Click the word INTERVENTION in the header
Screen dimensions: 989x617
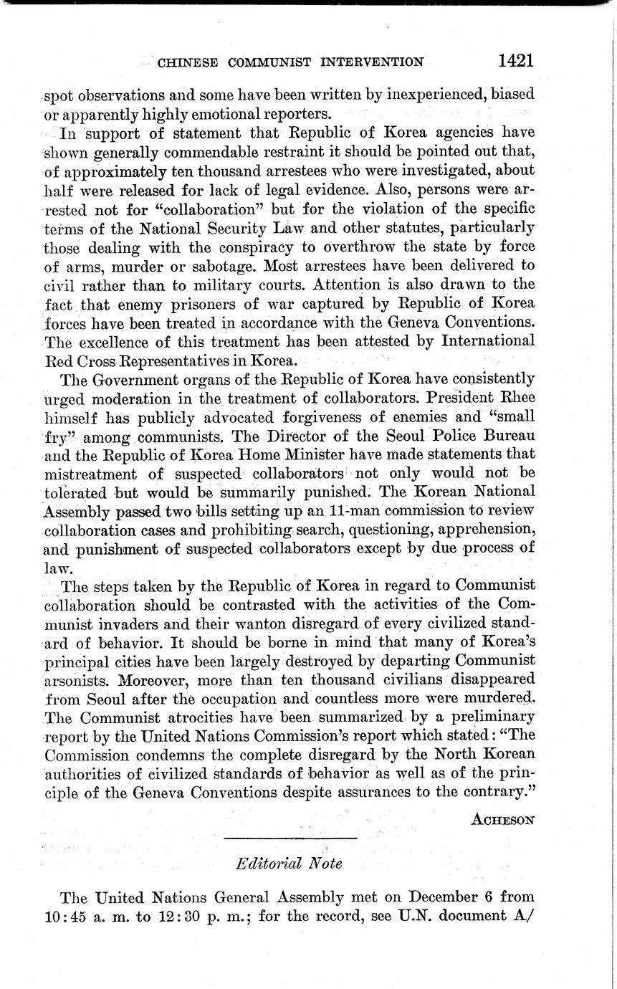pyautogui.click(x=371, y=62)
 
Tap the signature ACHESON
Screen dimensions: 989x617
pyautogui.click(x=502, y=820)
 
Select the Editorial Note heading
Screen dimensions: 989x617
pyautogui.click(x=289, y=864)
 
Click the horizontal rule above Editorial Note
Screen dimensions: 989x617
pyautogui.click(x=290, y=838)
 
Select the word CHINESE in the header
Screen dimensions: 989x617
pyautogui.click(x=188, y=62)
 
